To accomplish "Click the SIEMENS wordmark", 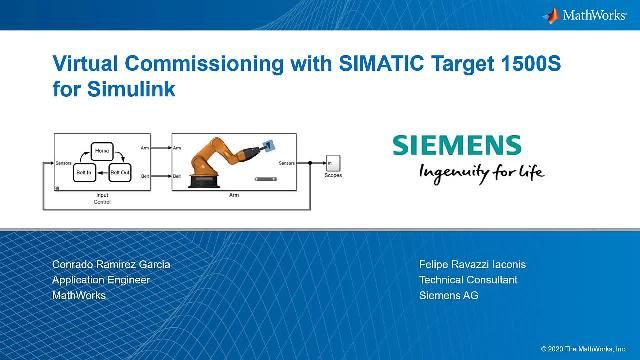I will tap(456, 145).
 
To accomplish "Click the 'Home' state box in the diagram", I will tap(101, 151).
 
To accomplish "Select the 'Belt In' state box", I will tap(84, 173).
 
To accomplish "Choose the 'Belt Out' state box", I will tap(119, 173).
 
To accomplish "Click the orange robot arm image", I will tap(222, 156).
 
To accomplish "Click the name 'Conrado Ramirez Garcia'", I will tap(111, 264).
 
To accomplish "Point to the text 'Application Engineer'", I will tap(101, 280).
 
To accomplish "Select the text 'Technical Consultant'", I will tap(468, 280).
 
